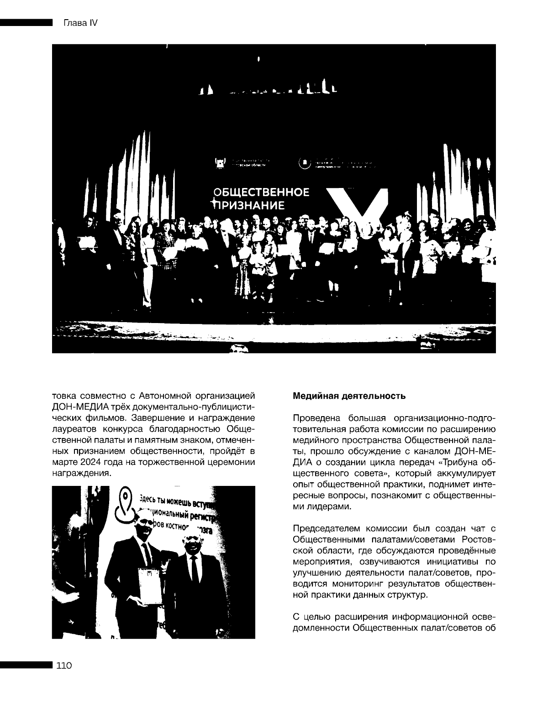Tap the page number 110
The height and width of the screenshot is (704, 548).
64,666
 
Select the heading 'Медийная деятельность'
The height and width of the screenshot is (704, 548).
349,396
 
